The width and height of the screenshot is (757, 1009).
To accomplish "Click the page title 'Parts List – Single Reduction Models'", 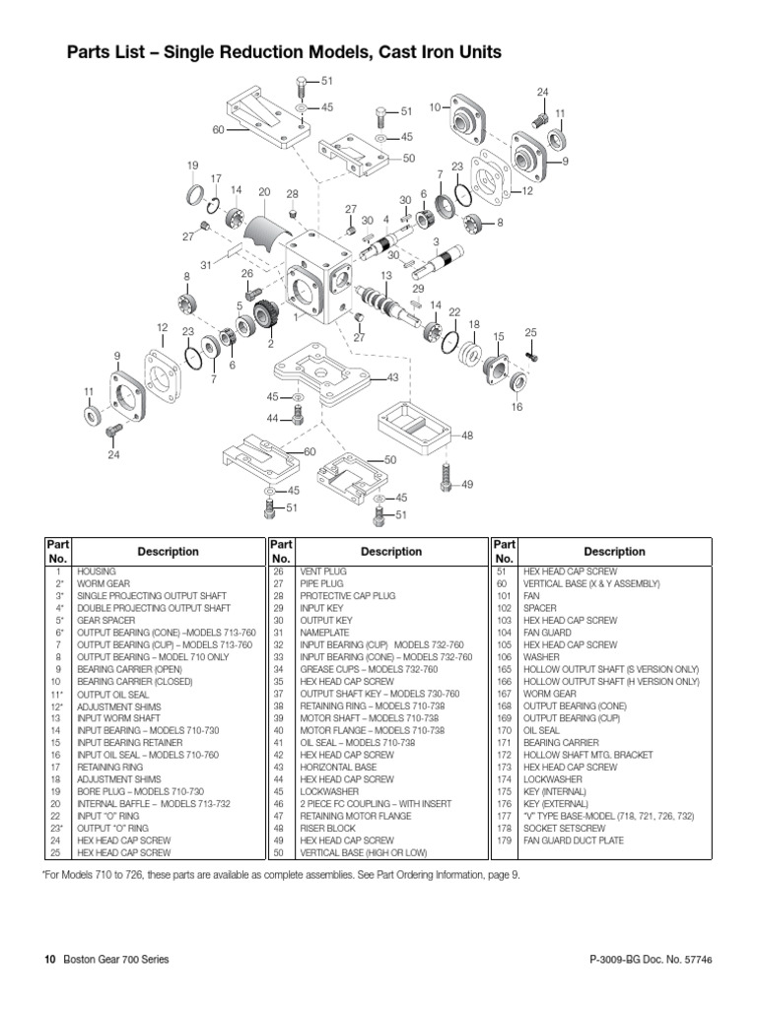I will click(284, 52).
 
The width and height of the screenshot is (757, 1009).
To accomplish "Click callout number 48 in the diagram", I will click(467, 435).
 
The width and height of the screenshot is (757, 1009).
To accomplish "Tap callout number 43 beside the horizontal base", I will click(392, 377).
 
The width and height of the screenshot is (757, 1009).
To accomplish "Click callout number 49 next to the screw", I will click(467, 484).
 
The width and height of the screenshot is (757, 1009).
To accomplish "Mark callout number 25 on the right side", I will click(530, 333).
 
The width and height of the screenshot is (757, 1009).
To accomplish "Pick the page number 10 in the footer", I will click(51, 959).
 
